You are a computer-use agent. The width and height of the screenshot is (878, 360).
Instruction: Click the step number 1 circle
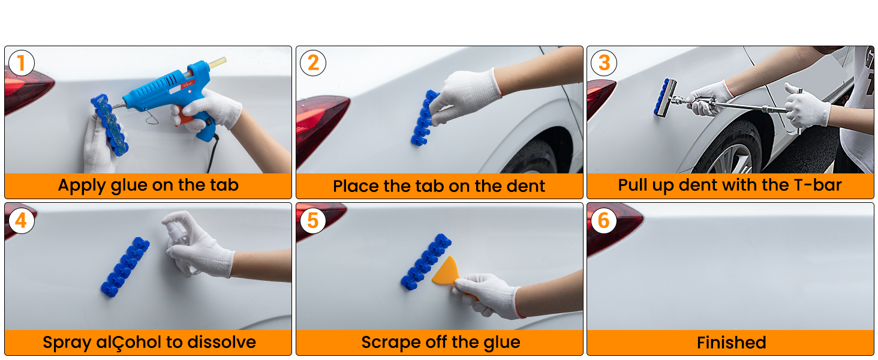pos(21,63)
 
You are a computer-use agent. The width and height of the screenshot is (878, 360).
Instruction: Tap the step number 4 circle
pos(21,220)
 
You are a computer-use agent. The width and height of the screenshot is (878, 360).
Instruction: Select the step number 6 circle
pos(603,220)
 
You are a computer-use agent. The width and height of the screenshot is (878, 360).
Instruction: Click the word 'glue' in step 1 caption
pos(129,185)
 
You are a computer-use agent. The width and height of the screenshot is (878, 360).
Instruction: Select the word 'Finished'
pos(731,343)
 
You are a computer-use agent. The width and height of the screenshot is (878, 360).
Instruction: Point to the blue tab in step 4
pos(125,266)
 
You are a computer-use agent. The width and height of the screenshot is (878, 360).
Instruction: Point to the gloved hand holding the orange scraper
pos(489,294)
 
